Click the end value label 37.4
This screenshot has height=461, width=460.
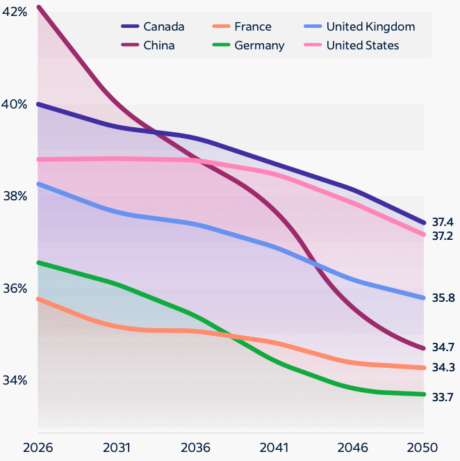(443, 223)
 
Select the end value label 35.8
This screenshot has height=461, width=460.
(443, 298)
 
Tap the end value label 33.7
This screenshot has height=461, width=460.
(443, 398)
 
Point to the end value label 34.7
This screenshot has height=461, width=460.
(443, 347)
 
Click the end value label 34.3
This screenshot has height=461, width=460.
(443, 367)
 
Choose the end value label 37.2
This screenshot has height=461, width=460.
(443, 236)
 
